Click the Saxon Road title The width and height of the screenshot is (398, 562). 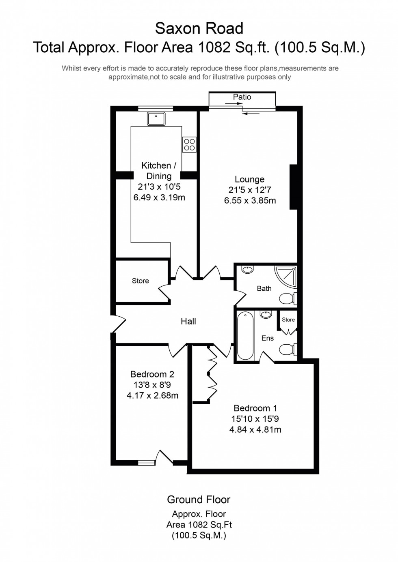199,28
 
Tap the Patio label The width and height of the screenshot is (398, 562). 242,97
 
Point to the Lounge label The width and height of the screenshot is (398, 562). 249,179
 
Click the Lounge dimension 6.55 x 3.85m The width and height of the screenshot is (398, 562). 250,200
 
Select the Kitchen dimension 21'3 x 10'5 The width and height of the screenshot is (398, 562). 159,187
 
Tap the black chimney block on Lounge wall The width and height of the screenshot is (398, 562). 293,187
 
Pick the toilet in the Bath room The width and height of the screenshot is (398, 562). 288,299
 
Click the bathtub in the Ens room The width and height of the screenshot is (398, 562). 245,335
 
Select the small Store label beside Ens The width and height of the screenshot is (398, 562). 288,320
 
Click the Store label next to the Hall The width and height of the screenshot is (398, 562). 140,281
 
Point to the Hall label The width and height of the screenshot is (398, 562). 188,322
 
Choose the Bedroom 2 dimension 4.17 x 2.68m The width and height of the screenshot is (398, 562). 152,395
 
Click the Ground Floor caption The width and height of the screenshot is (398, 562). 199,500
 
